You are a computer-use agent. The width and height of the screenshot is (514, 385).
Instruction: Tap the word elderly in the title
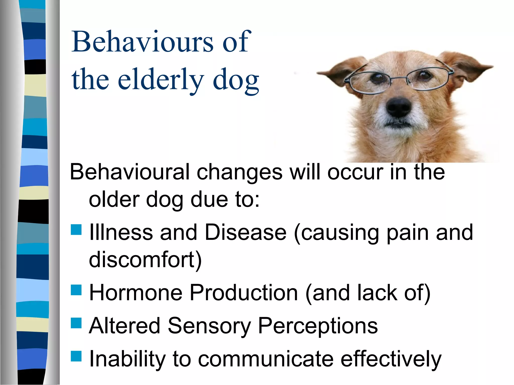(x=161, y=80)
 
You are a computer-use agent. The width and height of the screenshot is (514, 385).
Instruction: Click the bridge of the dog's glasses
(x=399, y=78)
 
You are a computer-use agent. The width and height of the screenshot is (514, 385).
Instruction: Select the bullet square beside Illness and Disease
(x=76, y=229)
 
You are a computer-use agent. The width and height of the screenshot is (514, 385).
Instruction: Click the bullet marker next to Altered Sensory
(x=76, y=323)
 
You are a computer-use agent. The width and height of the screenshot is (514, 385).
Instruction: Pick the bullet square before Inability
(x=76, y=356)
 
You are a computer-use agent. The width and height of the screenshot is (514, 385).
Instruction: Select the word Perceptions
(x=317, y=326)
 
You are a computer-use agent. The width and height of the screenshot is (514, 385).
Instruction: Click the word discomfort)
(x=145, y=259)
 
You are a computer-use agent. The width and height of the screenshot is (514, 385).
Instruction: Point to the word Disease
(x=245, y=232)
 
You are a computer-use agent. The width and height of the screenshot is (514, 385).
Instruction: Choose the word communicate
(x=266, y=359)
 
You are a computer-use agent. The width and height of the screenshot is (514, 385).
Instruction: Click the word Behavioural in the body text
(x=130, y=172)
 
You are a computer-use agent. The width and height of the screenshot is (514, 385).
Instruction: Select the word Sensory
(x=209, y=326)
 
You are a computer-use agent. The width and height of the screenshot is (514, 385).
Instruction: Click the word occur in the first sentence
(x=355, y=172)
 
